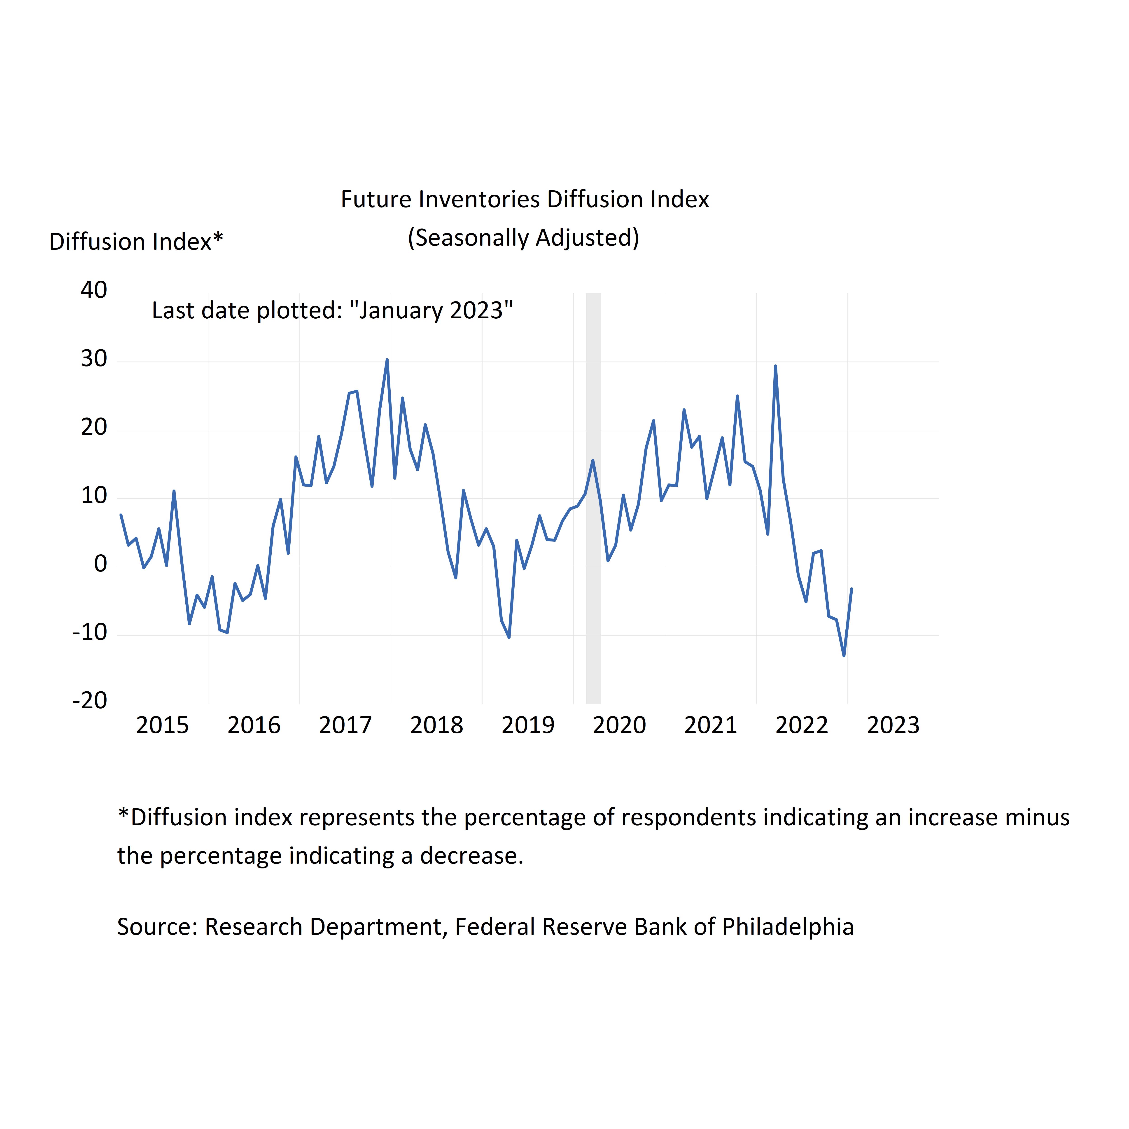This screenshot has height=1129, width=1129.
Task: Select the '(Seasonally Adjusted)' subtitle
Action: tap(523, 238)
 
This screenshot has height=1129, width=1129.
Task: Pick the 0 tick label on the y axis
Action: tap(100, 564)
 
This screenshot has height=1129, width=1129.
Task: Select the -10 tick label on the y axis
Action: tap(90, 632)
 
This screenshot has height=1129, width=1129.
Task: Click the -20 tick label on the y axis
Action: tap(90, 701)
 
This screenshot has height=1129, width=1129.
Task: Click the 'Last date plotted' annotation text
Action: tap(332, 310)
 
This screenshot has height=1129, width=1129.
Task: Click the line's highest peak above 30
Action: tap(387, 360)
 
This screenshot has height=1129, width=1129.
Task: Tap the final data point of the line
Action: tap(851, 589)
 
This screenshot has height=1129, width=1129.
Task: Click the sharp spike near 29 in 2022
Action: tap(775, 366)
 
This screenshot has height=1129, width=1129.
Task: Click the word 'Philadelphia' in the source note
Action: tap(788, 927)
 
